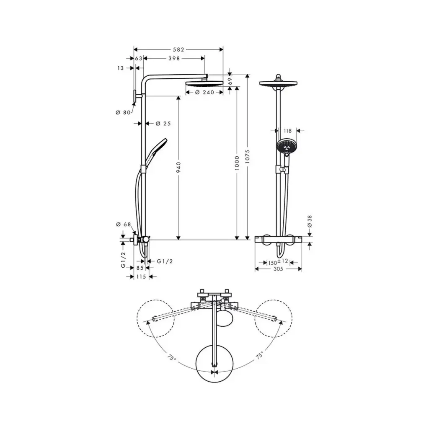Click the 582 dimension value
(178, 49)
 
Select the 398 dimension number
(174, 58)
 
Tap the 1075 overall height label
(247, 157)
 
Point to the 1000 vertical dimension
(237, 163)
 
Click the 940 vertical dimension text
(178, 167)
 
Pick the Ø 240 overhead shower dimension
(204, 93)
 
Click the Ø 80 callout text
(123, 112)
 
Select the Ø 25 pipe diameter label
(163, 124)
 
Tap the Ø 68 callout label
(124, 225)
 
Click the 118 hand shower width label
(287, 131)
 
